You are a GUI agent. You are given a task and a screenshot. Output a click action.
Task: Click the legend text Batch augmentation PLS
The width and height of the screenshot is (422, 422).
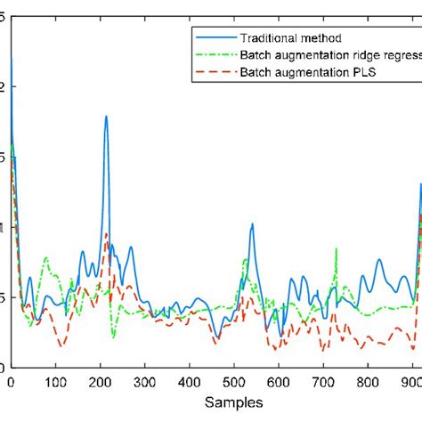point(307,72)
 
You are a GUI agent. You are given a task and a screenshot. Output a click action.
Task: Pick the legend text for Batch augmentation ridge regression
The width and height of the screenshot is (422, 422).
point(329,55)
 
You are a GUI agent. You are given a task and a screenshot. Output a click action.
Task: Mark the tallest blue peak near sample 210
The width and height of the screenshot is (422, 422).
point(106,117)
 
